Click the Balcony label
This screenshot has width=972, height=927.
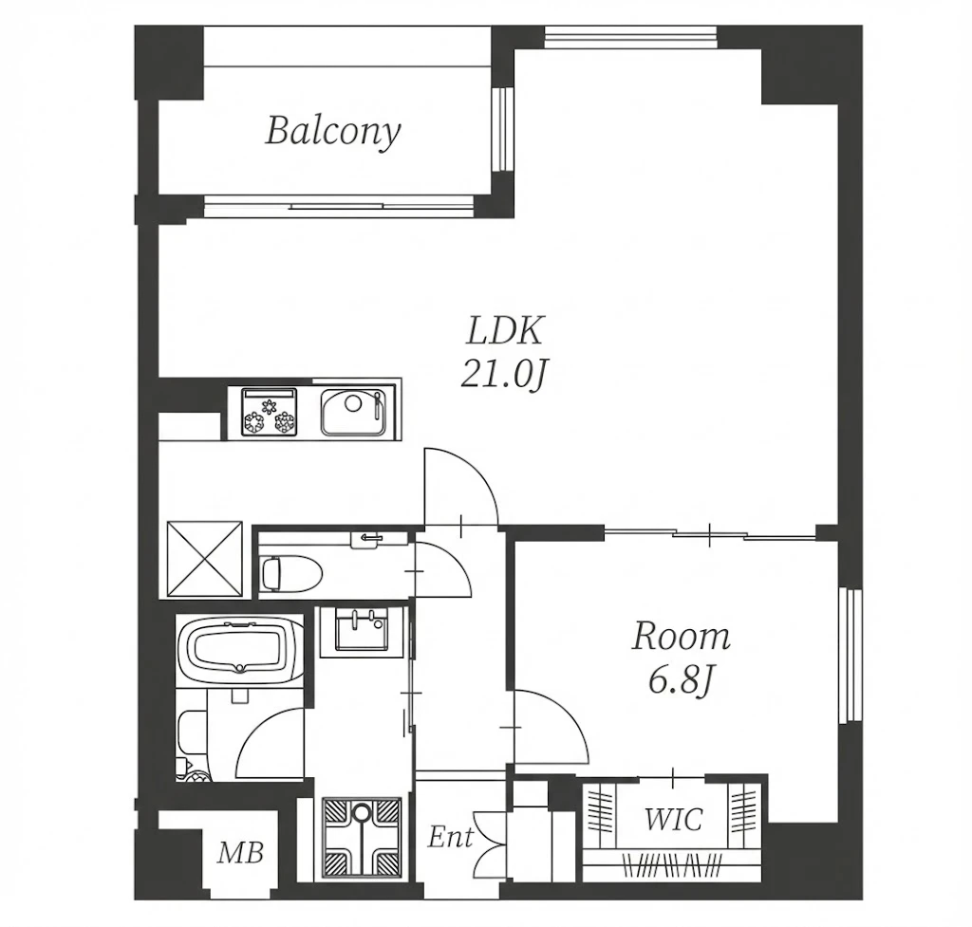333,132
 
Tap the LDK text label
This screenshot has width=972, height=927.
505,331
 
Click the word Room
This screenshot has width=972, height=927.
682,638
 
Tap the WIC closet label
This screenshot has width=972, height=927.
673,819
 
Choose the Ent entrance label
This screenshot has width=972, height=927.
451,837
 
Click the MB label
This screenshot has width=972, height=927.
240,853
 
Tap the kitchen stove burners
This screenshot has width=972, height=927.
269,412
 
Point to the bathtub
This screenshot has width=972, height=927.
239,649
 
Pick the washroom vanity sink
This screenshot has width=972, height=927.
361,630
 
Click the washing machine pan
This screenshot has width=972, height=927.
362,837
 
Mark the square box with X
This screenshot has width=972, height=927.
205,558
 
